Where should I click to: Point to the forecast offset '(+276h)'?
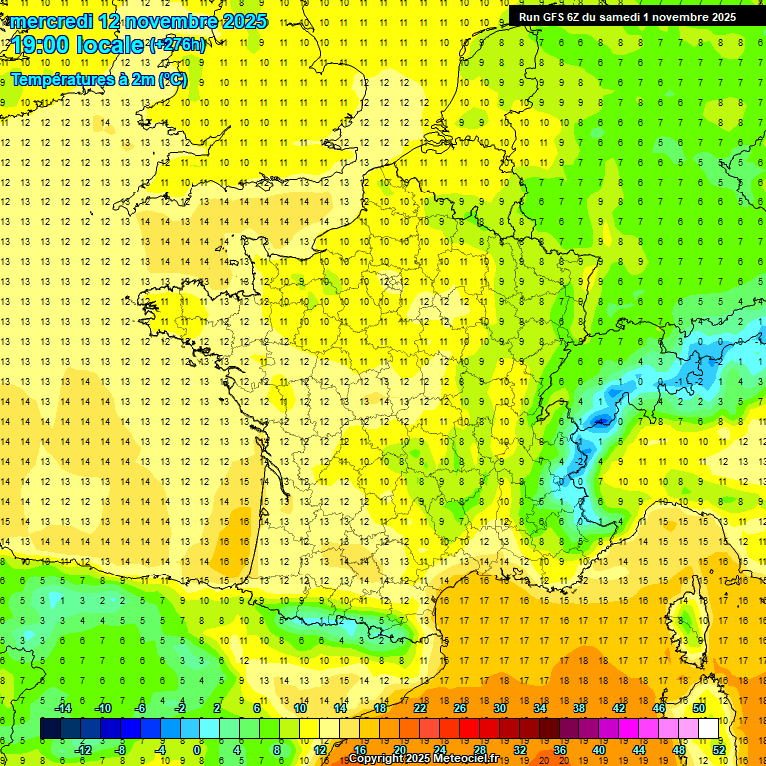point(178,45)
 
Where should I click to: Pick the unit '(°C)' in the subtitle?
point(171,79)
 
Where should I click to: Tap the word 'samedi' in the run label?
point(620,17)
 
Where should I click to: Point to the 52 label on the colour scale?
point(718,749)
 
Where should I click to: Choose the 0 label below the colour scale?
point(197,749)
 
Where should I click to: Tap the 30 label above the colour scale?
point(499,707)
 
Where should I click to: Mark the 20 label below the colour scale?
point(399,749)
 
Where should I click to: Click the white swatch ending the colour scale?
point(709,729)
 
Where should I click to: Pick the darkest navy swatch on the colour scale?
point(50,729)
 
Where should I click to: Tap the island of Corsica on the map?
point(688,618)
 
